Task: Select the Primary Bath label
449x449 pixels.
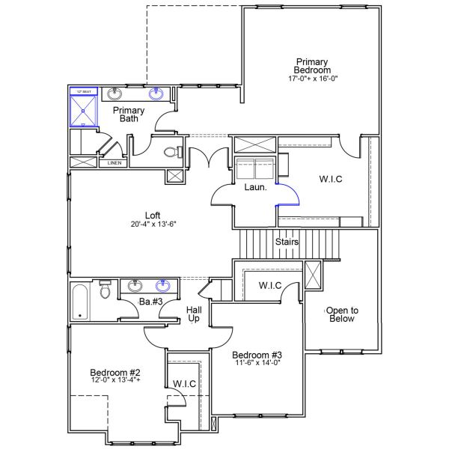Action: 128,114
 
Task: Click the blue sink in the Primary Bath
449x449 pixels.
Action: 157,94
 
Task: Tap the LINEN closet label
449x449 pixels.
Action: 114,162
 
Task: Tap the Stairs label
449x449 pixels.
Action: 287,242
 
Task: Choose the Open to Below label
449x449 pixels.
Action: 341,314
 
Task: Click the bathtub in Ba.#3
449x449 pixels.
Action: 80,302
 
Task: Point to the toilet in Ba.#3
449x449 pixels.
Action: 106,290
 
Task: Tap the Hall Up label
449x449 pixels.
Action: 193,313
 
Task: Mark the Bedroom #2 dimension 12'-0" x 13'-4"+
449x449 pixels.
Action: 115,379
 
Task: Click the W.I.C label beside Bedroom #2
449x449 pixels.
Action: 184,384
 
